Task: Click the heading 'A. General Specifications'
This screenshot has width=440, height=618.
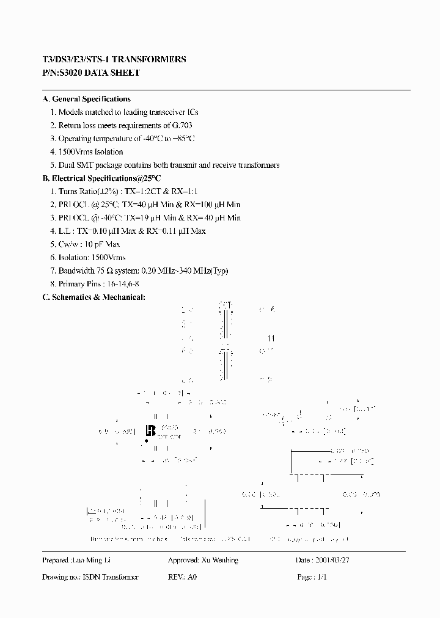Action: pyautogui.click(x=86, y=99)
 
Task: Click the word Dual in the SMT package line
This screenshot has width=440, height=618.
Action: pyautogui.click(x=67, y=165)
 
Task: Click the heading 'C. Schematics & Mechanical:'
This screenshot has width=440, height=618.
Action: pyautogui.click(x=94, y=297)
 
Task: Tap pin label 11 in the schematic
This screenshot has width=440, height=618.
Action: pyautogui.click(x=271, y=338)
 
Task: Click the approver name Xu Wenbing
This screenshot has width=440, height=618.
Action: pyautogui.click(x=219, y=561)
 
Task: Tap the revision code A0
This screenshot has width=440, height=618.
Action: pyautogui.click(x=193, y=577)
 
